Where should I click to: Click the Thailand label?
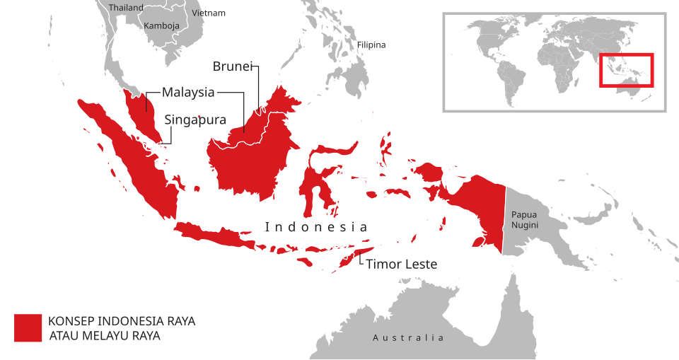pos(126,8)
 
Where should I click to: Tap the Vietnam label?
pos(209,13)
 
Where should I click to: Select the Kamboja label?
pos(161,25)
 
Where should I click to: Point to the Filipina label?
pos(371,45)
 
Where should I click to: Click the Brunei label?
pos(233,66)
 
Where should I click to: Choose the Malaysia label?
pos(188,92)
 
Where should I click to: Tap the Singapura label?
pos(195,120)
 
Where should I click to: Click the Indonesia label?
pos(316,227)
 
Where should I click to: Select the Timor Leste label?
pos(401,265)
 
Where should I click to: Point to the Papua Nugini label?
pos(525,219)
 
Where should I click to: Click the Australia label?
pos(408,338)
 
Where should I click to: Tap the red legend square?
pos(28,327)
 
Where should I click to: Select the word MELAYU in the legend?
pos(106,336)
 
